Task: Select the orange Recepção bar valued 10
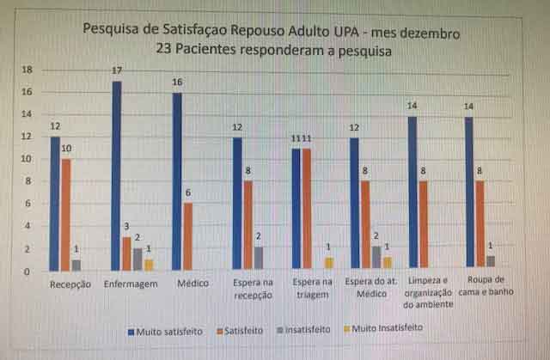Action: (66, 215)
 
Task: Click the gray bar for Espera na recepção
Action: (259, 259)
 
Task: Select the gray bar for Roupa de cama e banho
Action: (491, 262)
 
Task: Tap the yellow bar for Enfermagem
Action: (149, 265)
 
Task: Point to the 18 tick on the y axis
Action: (26, 70)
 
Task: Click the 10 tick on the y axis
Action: (26, 159)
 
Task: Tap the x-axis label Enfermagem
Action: (131, 284)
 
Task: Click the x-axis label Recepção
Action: (70, 284)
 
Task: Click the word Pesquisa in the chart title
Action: (109, 29)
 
